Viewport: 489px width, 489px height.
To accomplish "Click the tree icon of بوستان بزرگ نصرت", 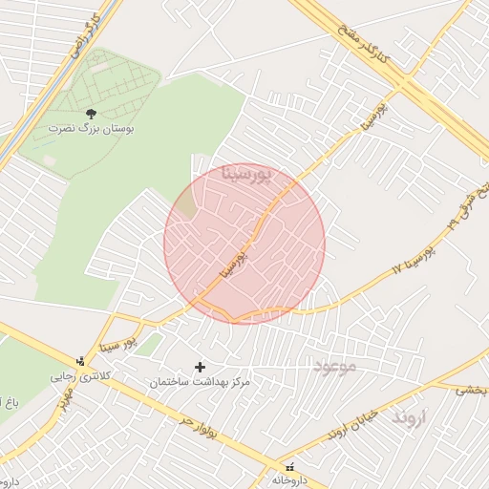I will [92, 114].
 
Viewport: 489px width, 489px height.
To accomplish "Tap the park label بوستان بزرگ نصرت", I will [92, 127].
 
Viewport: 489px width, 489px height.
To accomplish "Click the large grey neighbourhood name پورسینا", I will [246, 174].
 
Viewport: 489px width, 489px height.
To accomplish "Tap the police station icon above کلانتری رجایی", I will [80, 362].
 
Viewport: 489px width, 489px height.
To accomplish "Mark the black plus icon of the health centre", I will [200, 367].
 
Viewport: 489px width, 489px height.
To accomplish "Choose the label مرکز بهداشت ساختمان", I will [200, 382].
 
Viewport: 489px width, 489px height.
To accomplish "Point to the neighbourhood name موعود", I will [333, 366].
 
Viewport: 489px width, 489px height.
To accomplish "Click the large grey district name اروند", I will [412, 417].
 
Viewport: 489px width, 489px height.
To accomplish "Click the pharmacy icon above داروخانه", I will [289, 467].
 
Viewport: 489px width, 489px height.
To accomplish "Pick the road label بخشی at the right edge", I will [471, 390].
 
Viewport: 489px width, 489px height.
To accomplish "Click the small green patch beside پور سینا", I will [147, 345].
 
